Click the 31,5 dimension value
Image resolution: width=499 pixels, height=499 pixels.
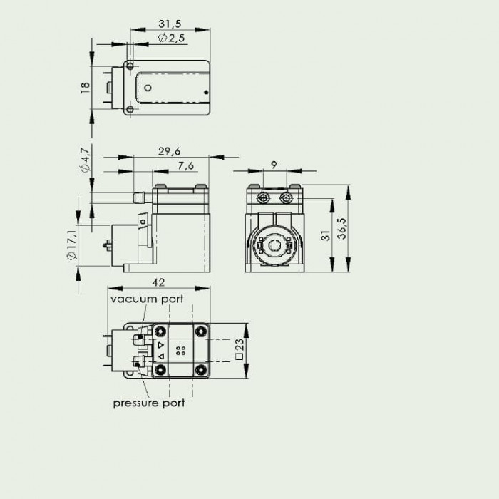(170, 24)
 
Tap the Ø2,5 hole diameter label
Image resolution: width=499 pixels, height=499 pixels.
(171, 38)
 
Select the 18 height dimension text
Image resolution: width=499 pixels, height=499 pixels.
(86, 88)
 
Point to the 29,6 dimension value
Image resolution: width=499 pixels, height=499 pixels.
(170, 151)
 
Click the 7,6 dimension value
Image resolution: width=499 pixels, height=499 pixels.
(186, 165)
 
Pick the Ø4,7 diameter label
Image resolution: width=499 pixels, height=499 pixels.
(86, 160)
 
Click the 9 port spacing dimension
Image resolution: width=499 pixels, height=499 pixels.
(274, 165)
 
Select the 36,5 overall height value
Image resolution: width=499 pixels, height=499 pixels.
(341, 229)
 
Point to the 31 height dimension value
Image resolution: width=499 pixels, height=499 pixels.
(326, 235)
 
